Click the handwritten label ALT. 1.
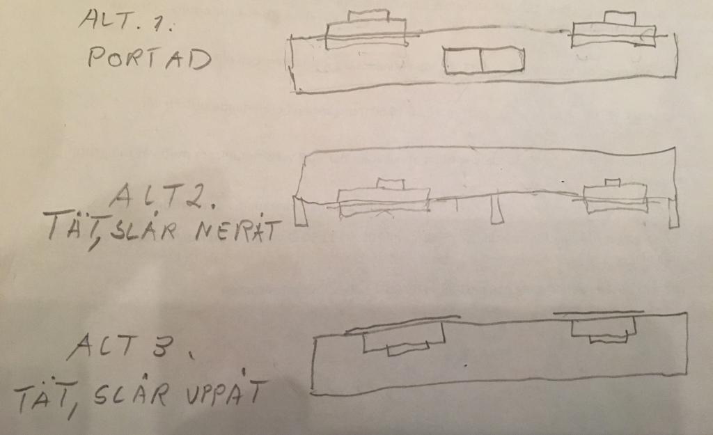127,20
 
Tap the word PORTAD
150,58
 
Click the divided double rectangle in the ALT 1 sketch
484,60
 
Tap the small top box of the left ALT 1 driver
368,15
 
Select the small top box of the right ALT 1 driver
620,18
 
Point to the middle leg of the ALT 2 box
496,209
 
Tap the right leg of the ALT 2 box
673,212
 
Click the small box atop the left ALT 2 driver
391,184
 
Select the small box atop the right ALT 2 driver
613,183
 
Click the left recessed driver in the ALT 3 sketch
404,339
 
